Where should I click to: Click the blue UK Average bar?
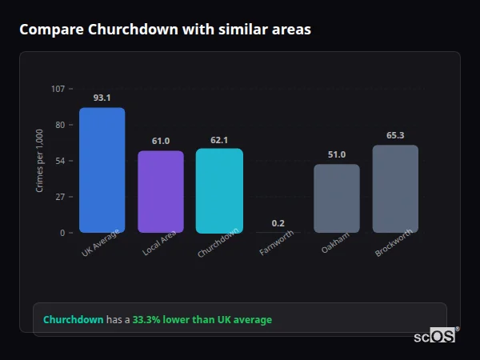102,170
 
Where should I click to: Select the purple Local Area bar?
160,191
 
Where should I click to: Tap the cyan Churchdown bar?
219,190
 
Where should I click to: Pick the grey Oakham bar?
336,198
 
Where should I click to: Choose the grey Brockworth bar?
395,189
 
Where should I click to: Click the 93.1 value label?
102,98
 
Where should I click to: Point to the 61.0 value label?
160,141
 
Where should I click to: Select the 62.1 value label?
219,140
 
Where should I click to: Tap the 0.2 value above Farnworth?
278,223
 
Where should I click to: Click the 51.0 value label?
336,154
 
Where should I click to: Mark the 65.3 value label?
395,135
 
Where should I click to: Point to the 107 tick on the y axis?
58,89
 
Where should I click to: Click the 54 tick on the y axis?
59,161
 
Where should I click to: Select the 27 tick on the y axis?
59,197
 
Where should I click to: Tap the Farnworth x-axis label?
277,243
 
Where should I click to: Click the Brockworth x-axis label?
394,243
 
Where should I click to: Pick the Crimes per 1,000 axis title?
40,160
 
